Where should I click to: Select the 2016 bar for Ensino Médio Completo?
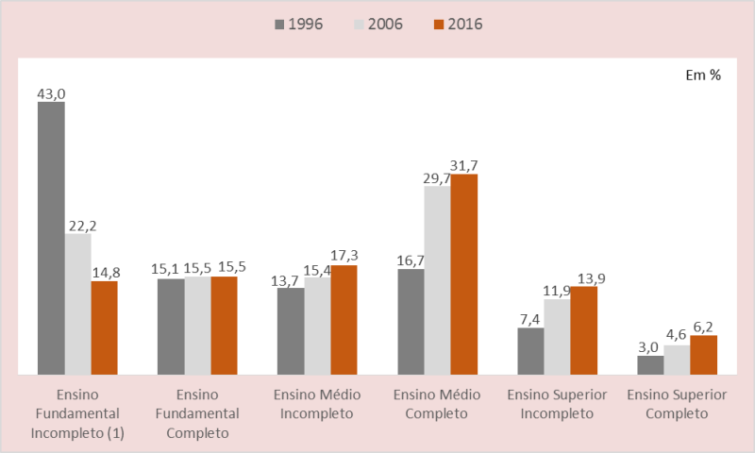(464, 275)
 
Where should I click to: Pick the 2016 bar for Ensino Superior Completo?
(703, 355)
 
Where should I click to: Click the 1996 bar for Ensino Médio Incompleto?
(291, 331)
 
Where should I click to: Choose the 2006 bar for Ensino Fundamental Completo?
(197, 326)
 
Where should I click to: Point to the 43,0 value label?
(51, 93)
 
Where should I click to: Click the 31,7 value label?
(464, 166)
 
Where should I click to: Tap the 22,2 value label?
(80, 226)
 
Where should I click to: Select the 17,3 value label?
(344, 256)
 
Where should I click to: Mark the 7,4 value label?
(530, 319)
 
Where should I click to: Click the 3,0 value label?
(650, 346)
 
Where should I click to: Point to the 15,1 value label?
(171, 269)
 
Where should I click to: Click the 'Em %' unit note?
(703, 75)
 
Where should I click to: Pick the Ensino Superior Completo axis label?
(677, 403)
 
